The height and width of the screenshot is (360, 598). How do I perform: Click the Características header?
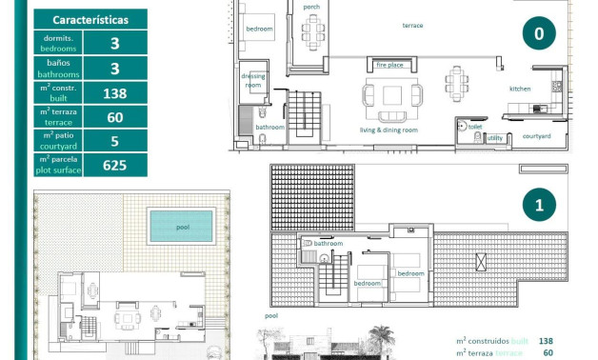click(x=91, y=19)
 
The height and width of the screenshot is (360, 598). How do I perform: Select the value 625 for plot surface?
click(x=115, y=166)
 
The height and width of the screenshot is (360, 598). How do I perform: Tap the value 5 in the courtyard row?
click(x=115, y=141)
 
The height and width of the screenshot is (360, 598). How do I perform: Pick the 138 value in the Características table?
click(x=115, y=92)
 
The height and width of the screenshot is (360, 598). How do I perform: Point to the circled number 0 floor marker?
click(x=539, y=34)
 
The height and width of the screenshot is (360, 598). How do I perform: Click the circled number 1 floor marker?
click(x=539, y=205)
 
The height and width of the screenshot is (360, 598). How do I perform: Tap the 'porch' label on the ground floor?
click(x=311, y=8)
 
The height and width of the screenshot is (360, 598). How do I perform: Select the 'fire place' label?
click(x=389, y=66)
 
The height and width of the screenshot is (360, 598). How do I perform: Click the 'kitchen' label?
click(x=520, y=89)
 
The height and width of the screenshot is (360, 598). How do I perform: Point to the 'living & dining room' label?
click(x=389, y=130)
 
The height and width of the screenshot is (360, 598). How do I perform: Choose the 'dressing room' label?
click(x=253, y=80)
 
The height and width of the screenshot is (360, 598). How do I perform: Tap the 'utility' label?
click(x=495, y=138)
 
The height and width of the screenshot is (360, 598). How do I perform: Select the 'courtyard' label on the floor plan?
click(x=537, y=136)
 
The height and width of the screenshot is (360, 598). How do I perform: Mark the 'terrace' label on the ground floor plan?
click(x=412, y=26)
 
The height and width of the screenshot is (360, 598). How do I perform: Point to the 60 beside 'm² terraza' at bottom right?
click(x=547, y=352)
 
